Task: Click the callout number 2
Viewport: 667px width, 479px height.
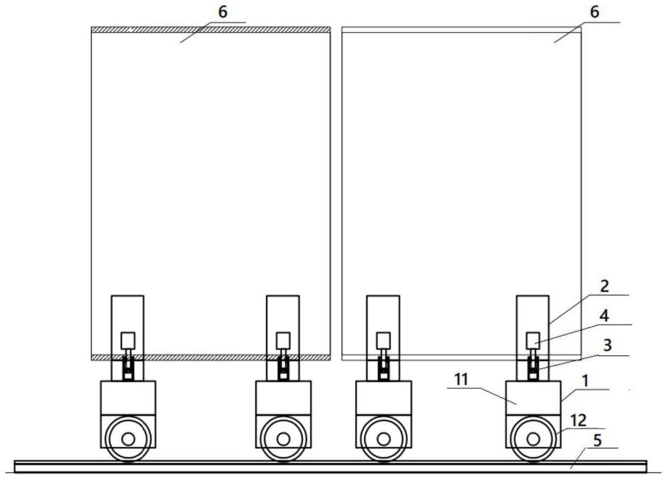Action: click(604, 286)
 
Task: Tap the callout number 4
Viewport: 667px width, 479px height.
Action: click(604, 316)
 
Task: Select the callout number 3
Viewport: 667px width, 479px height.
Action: click(608, 345)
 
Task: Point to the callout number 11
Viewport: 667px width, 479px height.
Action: click(461, 379)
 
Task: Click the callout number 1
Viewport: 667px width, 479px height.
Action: click(586, 381)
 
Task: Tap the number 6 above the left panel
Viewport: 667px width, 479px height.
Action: click(223, 12)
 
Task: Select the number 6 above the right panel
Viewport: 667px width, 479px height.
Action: click(595, 12)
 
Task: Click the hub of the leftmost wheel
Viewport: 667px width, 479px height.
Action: click(128, 439)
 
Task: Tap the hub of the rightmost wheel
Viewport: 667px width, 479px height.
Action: click(533, 439)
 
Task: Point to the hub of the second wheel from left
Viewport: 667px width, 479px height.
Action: click(283, 439)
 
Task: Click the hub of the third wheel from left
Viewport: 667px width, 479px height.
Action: click(384, 439)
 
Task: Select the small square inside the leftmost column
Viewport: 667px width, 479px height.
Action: click(127, 341)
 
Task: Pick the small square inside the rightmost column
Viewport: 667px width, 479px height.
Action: click(532, 341)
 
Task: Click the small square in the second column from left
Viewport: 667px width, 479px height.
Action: click(283, 341)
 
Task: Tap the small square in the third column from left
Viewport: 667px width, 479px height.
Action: click(384, 341)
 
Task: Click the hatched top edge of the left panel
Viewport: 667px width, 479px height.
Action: click(211, 29)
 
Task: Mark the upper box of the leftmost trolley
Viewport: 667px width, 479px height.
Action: click(128, 398)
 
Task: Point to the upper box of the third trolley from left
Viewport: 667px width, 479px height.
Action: click(384, 398)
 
